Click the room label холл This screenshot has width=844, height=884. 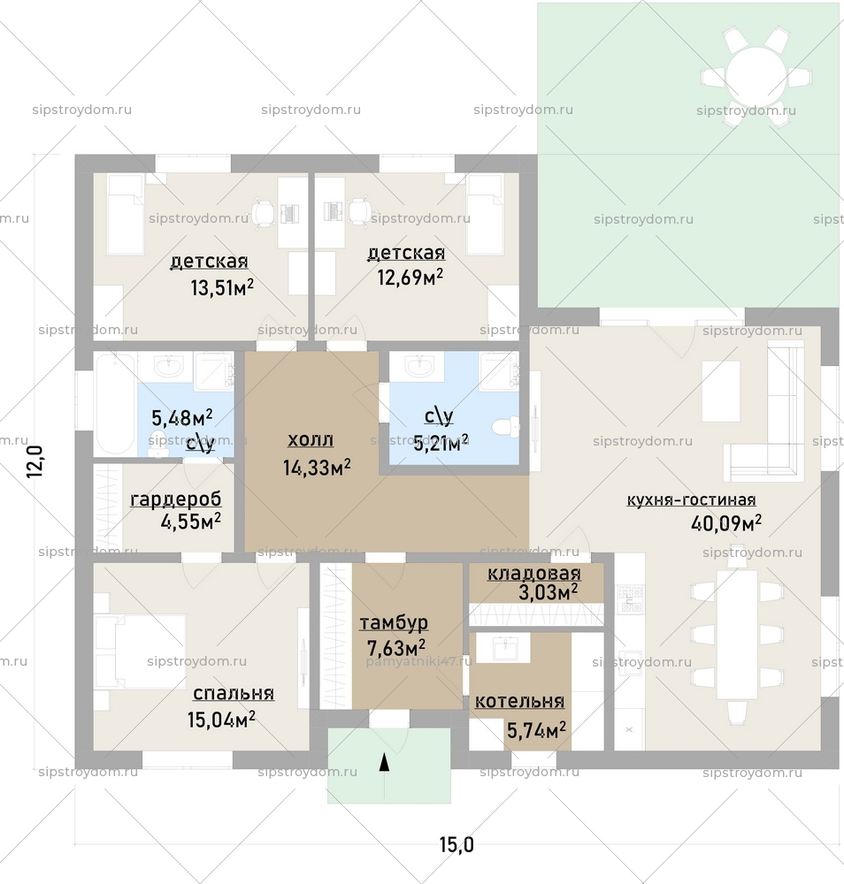coord(311,440)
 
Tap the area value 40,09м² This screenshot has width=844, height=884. coord(725,523)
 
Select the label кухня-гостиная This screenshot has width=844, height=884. coord(691,500)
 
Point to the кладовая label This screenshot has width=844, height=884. coord(534,573)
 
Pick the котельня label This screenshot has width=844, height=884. coord(519,702)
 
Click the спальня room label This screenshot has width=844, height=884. coord(233,693)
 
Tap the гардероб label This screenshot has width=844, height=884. coord(175,500)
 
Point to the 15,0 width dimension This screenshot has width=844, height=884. coord(457,845)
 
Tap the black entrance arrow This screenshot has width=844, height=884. coord(384,763)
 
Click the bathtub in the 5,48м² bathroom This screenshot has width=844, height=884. coord(112,403)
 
